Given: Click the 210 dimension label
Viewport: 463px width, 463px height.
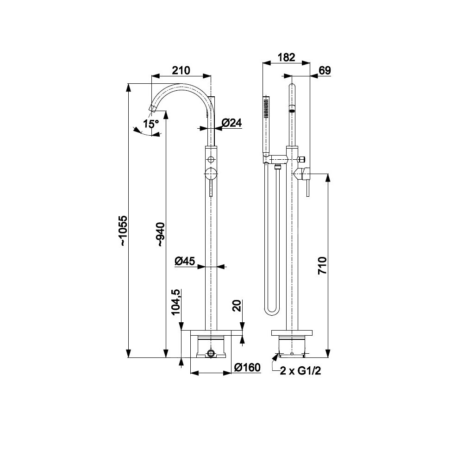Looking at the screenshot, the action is (x=181, y=70).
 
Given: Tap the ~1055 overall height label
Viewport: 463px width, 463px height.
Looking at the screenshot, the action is (x=123, y=231).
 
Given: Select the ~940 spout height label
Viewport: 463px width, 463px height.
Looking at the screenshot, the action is (x=161, y=234).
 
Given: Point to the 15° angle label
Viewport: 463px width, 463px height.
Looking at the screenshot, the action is (x=151, y=124).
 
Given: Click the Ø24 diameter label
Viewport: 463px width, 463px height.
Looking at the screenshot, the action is (x=232, y=123).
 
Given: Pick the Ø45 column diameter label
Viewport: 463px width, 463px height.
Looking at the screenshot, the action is (x=185, y=261).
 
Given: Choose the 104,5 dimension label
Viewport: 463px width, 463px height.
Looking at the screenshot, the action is (x=175, y=302).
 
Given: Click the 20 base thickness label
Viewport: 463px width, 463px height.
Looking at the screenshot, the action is (x=237, y=306).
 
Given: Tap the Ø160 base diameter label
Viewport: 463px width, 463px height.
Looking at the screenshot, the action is (x=247, y=367).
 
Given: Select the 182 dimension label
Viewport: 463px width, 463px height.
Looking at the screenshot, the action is (x=287, y=57).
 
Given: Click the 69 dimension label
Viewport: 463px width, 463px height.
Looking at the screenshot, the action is (x=325, y=70).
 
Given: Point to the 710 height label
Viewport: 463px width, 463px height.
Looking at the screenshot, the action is (x=322, y=266).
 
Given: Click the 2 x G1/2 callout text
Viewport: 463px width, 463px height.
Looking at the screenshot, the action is (x=300, y=371).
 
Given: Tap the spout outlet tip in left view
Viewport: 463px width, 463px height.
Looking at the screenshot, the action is (x=152, y=109).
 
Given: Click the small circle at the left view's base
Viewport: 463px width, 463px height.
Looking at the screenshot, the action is (x=211, y=353).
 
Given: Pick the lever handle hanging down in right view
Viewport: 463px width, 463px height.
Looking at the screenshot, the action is (x=308, y=189).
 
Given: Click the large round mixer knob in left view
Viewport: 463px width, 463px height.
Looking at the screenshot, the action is (x=211, y=174).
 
